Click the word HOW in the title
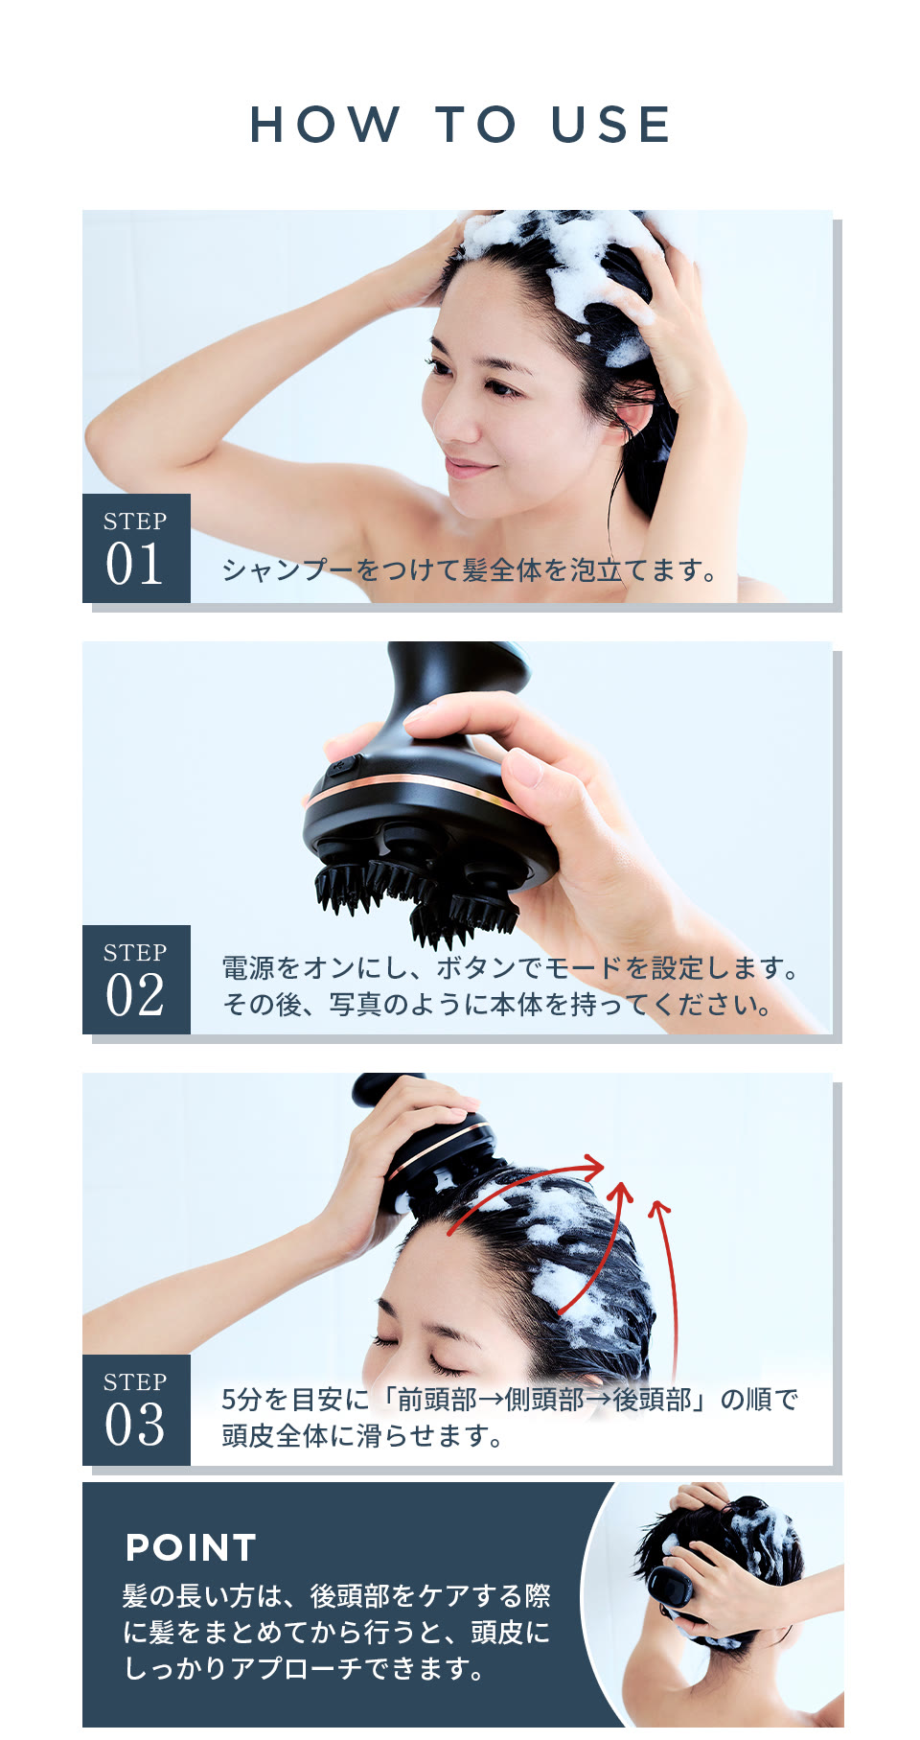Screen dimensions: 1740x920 point(324,126)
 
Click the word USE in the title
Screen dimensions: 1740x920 point(610,126)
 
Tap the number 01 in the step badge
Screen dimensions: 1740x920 point(134,565)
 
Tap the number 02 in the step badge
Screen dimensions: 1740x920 point(134,996)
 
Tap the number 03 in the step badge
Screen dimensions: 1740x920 point(134,1426)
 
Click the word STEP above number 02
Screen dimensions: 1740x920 point(135,953)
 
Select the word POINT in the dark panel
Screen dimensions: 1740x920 point(191,1547)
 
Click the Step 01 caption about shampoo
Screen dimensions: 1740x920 point(470,571)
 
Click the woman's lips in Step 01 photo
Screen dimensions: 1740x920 point(469,468)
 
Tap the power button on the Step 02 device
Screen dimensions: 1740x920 point(341,767)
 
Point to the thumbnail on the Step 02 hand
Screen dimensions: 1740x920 point(522,767)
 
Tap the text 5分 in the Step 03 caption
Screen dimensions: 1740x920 point(241,1400)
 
